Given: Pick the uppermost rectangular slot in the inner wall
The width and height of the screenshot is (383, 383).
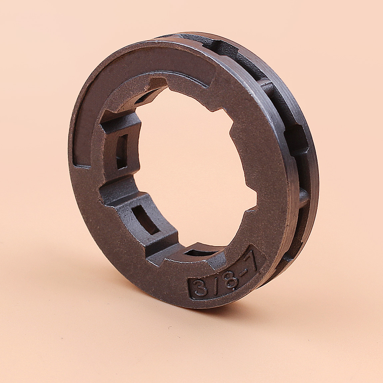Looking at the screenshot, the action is point(122,152).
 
